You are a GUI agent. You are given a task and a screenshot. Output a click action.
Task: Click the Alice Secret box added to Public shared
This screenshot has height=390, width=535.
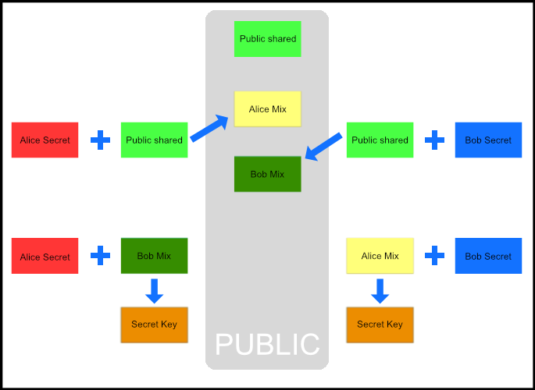(x=45, y=140)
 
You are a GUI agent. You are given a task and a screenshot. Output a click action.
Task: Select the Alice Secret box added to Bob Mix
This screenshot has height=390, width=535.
(x=45, y=257)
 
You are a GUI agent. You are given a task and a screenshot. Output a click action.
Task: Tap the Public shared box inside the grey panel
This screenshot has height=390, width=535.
(x=268, y=39)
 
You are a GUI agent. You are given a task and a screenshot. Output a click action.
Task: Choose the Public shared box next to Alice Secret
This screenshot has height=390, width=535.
(x=154, y=140)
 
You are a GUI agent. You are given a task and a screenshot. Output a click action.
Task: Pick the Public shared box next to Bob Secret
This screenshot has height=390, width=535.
(x=380, y=140)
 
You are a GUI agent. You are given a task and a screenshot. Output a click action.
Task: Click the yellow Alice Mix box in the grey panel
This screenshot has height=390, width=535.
(x=268, y=109)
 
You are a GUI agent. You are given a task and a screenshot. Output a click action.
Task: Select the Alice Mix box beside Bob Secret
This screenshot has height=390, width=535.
(x=380, y=256)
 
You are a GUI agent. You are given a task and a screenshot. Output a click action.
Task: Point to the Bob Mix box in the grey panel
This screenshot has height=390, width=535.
(x=268, y=174)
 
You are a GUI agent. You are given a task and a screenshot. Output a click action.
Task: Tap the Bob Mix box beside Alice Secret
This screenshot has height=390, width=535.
(x=154, y=256)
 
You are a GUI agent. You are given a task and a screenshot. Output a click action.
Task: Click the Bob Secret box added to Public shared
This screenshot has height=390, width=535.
(x=488, y=140)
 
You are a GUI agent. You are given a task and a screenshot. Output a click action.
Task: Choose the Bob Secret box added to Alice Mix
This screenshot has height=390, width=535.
(x=488, y=256)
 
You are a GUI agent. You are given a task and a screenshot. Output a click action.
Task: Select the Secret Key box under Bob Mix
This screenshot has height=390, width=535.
(x=154, y=324)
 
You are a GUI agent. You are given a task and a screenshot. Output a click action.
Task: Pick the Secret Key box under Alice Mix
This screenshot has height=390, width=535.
(x=380, y=324)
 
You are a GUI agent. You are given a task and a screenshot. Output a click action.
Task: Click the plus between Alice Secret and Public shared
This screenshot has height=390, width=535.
(x=100, y=140)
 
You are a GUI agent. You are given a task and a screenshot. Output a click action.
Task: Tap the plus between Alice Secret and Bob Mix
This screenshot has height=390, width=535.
(x=100, y=256)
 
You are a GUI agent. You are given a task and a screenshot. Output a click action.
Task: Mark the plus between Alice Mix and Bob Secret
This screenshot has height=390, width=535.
(x=434, y=255)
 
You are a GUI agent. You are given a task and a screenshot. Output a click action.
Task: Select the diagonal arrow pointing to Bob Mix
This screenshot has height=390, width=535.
(x=323, y=147)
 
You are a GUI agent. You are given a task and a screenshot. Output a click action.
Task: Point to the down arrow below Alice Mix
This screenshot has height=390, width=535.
(x=380, y=291)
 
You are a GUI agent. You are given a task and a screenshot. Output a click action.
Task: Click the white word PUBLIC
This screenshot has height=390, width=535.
(x=267, y=344)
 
